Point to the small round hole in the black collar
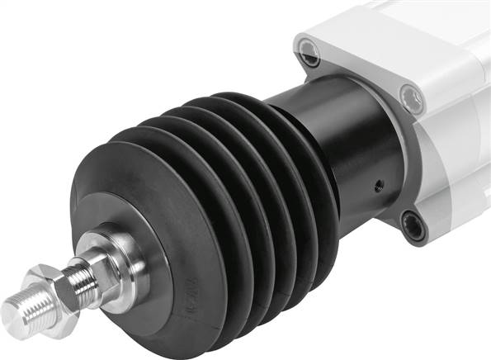378,183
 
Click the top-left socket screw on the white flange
309,57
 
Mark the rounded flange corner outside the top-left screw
299,48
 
